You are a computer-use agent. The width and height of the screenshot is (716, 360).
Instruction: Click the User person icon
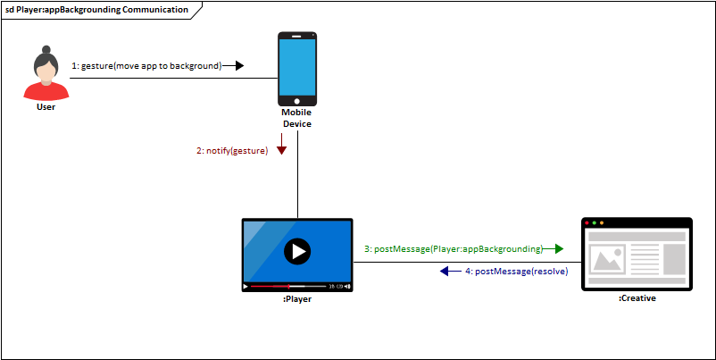[46, 76]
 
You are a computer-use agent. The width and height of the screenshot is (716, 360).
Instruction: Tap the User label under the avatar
[46, 107]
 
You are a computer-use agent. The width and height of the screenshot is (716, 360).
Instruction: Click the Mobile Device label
[296, 118]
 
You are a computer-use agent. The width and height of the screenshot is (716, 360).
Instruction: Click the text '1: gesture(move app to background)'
[146, 65]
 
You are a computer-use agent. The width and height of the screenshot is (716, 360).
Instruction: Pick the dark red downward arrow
[281, 150]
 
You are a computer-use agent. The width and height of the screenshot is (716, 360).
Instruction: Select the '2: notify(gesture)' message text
[231, 151]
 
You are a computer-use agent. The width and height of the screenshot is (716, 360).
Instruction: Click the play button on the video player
[296, 252]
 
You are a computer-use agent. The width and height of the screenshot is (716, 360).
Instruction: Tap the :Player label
[296, 299]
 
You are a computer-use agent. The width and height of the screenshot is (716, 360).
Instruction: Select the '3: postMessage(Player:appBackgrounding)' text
[453, 248]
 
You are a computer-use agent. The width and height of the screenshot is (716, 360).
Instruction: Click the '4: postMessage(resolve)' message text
[515, 271]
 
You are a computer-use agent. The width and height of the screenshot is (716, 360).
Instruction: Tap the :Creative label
[637, 298]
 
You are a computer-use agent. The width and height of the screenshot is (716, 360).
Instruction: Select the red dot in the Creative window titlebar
[587, 222]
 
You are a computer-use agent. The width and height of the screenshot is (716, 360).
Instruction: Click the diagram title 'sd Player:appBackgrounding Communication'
[96, 10]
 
